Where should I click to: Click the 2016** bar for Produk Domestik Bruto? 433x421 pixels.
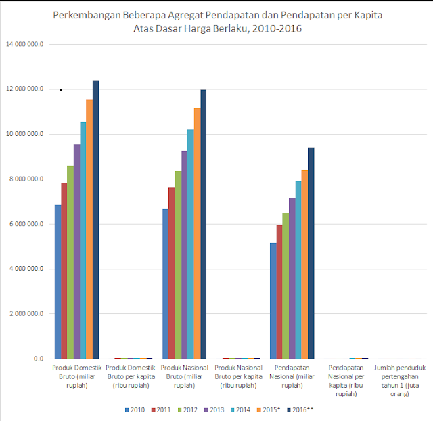click(95, 219)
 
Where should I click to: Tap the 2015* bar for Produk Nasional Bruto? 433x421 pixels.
click(197, 234)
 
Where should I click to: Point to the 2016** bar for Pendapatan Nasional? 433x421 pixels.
click(311, 253)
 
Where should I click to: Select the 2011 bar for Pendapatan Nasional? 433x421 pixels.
click(279, 292)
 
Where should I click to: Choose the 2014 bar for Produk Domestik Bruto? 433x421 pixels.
click(83, 240)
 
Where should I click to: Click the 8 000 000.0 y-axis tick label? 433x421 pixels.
click(25, 179)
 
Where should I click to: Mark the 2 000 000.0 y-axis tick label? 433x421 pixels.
click(25, 313)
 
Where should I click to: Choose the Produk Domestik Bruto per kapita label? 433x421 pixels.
click(131, 376)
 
